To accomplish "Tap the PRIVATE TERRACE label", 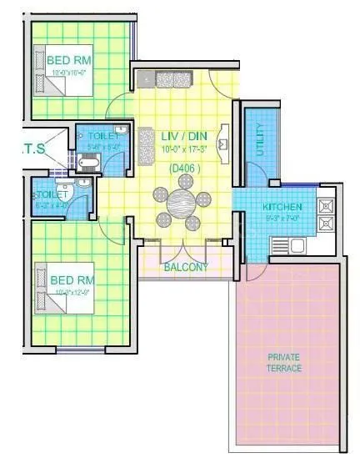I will (284, 362).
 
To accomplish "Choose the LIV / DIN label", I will (181, 136).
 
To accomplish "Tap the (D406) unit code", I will (182, 168).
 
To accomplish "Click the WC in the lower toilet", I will (71, 194).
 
